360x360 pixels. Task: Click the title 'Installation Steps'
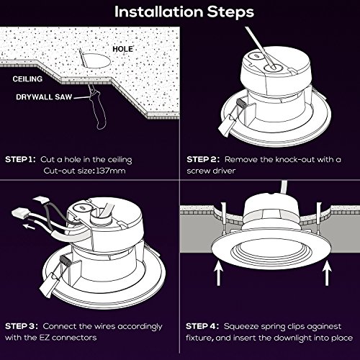point(184,12)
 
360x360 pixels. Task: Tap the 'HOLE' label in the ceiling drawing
point(122,49)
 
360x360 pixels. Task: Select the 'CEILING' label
point(27,79)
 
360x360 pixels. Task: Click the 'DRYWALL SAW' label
point(44,97)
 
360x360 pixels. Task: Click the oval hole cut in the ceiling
point(96,60)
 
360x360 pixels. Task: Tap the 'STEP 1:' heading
point(20,159)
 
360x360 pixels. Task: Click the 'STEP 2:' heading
point(203,159)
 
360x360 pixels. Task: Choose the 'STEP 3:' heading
point(22,326)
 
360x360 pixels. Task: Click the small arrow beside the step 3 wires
point(29,226)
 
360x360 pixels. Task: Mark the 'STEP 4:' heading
point(202,326)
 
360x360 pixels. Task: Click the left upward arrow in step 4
point(218,273)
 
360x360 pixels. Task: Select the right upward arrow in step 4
point(327,273)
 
